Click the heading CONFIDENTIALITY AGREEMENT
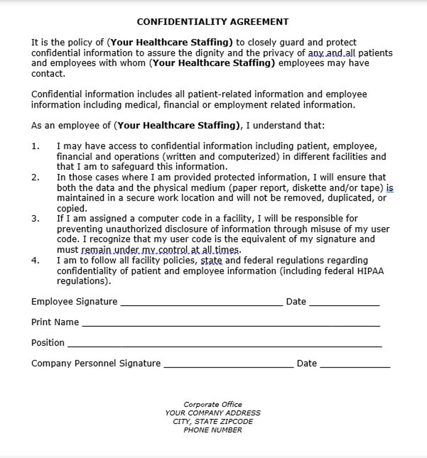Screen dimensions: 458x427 (x=213, y=22)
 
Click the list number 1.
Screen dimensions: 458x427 (x=35, y=146)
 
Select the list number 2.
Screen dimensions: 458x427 (x=35, y=177)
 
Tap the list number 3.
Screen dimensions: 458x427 (x=35, y=219)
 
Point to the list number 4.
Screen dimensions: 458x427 (x=35, y=260)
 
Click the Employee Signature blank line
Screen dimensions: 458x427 (x=202, y=303)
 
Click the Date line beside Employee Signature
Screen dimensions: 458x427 (x=344, y=303)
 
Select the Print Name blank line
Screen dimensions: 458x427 (x=231, y=324)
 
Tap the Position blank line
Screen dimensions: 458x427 (x=225, y=345)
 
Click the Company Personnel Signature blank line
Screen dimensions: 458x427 (x=229, y=365)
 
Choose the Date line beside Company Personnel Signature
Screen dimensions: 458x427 (x=355, y=365)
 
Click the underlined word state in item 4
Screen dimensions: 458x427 (x=212, y=260)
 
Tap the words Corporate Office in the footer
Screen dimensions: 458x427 (x=213, y=404)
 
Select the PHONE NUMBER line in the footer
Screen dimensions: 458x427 (x=213, y=430)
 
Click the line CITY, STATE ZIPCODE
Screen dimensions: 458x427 (x=213, y=421)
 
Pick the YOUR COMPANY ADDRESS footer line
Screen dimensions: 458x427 (x=213, y=413)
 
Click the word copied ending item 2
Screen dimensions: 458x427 (x=72, y=208)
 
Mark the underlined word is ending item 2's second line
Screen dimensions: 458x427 (x=390, y=188)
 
